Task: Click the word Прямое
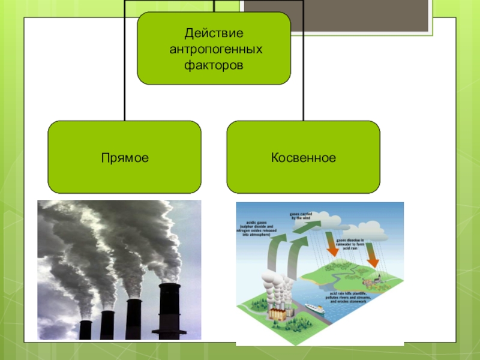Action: [125, 158]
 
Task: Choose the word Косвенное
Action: [303, 158]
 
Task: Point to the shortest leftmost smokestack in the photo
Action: [85, 329]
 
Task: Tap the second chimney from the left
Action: [107, 325]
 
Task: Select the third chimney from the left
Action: [133, 318]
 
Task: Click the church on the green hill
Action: [377, 277]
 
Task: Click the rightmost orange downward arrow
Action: [370, 255]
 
